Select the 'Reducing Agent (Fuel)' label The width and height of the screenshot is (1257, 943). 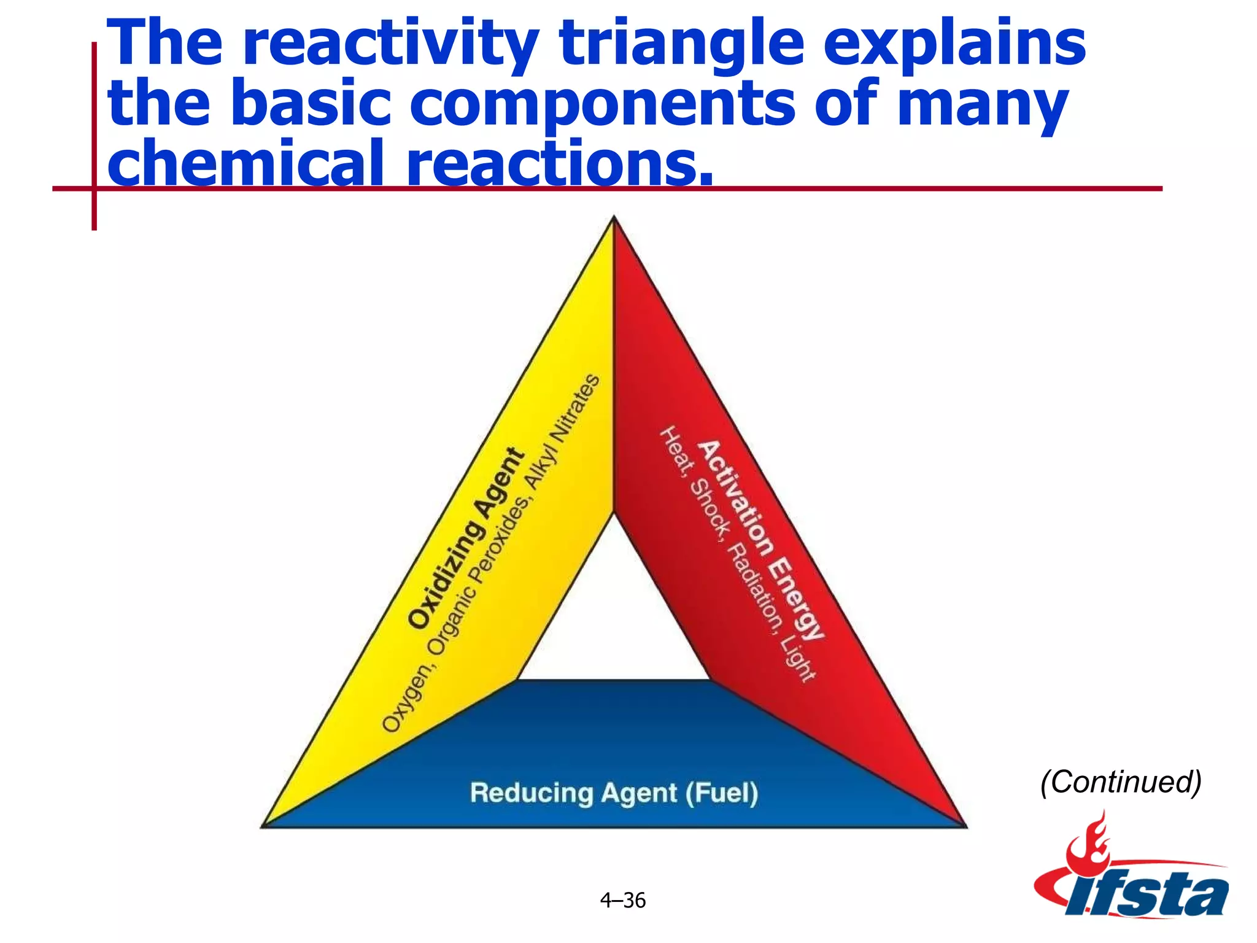coord(614,793)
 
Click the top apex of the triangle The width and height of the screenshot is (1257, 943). coord(614,219)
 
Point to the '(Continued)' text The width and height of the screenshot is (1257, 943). coord(1120,782)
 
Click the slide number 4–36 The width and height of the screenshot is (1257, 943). coord(622,900)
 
